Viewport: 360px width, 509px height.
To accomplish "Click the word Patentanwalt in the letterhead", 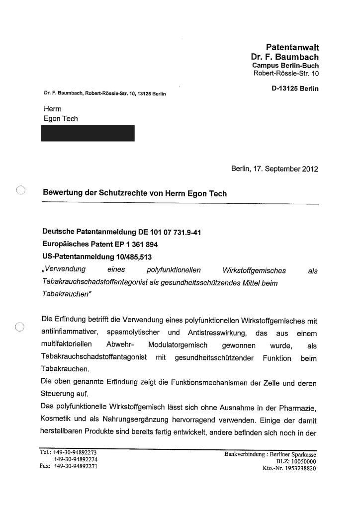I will pyautogui.click(x=292, y=48).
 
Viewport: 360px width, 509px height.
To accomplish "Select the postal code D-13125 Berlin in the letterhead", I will pyautogui.click(x=295, y=89).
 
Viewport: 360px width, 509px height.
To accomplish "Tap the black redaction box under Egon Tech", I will pyautogui.click(x=88, y=133).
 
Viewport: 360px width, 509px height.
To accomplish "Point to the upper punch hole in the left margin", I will pyautogui.click(x=20, y=190).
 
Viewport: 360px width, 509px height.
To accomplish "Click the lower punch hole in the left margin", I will pyautogui.click(x=20, y=327).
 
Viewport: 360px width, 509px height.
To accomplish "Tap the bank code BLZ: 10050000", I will pyautogui.click(x=297, y=461).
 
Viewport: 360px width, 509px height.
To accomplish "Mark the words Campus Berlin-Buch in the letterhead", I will pyautogui.click(x=285, y=66).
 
